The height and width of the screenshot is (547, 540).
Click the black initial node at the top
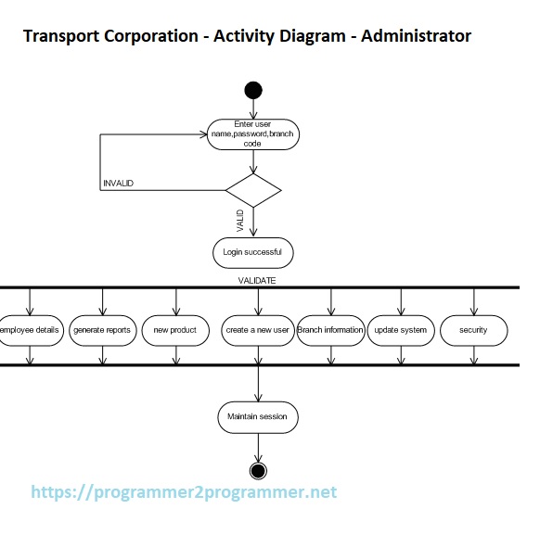click(x=253, y=90)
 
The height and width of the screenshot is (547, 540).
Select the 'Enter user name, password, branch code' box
click(x=253, y=134)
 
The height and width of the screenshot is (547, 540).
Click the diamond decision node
click(x=253, y=190)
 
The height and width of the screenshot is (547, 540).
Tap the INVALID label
click(x=118, y=184)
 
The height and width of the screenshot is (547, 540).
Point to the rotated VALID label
click(x=240, y=221)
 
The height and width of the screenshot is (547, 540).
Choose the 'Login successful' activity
click(x=253, y=252)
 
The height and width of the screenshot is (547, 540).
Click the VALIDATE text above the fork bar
click(x=257, y=279)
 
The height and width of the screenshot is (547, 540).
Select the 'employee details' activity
click(x=31, y=330)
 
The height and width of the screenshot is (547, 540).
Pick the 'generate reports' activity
click(x=103, y=330)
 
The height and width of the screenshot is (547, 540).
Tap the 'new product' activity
click(x=175, y=330)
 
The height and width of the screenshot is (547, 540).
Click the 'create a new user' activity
click(x=257, y=330)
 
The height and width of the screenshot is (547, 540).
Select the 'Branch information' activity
click(x=330, y=330)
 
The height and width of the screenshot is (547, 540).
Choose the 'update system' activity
click(x=401, y=330)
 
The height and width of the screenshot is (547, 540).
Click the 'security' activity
click(x=473, y=330)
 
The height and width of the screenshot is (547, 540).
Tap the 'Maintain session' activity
click(x=257, y=417)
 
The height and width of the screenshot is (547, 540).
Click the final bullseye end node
click(x=258, y=469)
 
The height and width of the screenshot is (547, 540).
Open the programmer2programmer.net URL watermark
click(x=184, y=492)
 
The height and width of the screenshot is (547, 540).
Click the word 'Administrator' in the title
click(x=416, y=37)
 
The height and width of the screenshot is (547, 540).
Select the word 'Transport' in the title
click(x=62, y=37)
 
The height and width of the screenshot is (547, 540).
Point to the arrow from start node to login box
click(x=253, y=108)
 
